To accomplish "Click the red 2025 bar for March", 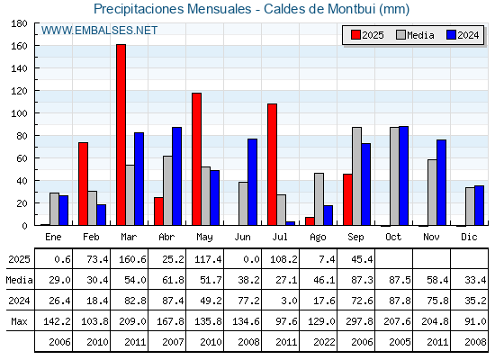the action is [121, 135].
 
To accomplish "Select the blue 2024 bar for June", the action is [252, 182].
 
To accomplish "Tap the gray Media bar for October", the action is [394, 176].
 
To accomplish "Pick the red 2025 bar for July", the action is [272, 164].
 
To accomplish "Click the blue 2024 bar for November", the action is [441, 183].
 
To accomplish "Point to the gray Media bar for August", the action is [319, 199].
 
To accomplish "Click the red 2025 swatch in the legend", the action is [355, 35].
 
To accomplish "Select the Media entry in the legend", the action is [415, 35].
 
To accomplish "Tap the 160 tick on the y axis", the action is [19, 46].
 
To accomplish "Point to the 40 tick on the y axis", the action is [22, 181].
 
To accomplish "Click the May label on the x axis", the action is [205, 238].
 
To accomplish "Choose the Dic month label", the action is [469, 237].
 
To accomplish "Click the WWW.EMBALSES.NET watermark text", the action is [99, 31].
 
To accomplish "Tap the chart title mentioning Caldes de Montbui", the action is [252, 9].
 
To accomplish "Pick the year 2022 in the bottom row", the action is [324, 342].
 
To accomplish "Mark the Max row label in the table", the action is [19, 321].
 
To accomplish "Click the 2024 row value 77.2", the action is [248, 301].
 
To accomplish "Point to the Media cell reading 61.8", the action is [173, 280].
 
